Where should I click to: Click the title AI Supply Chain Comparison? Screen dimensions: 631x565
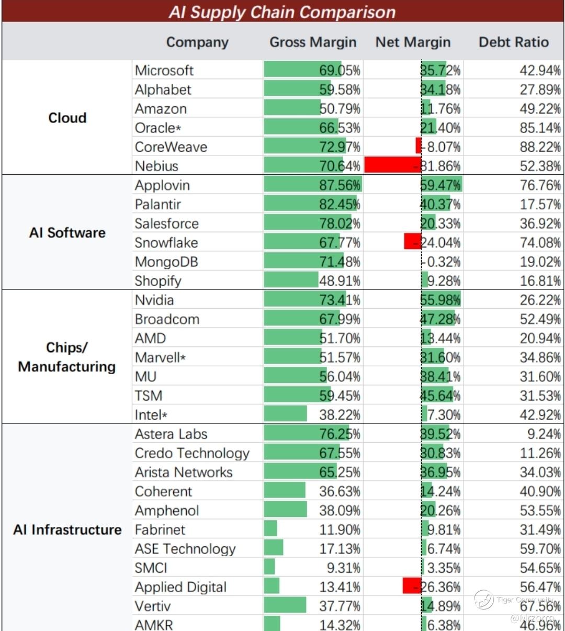[x=282, y=12]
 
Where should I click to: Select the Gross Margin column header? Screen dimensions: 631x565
[x=313, y=42]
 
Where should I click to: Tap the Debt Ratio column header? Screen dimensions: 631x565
[x=514, y=42]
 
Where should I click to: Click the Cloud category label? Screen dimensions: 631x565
[x=67, y=118]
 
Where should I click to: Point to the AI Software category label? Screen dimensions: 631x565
[x=67, y=232]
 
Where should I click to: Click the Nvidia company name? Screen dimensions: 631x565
[x=154, y=300]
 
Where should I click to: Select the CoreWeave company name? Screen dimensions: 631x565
[x=171, y=147]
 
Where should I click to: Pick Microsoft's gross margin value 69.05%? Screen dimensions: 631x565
[x=340, y=71]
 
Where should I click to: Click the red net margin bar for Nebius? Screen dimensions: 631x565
[x=392, y=165]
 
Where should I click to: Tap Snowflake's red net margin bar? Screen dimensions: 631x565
[x=413, y=242]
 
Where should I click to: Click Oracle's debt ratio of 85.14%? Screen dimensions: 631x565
[x=540, y=128]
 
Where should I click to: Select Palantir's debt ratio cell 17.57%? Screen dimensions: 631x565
[x=540, y=205]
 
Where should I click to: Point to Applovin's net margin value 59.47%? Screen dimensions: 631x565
[x=440, y=185]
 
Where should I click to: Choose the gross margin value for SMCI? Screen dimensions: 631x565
[x=340, y=568]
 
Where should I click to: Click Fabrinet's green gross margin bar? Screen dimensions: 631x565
[x=270, y=529]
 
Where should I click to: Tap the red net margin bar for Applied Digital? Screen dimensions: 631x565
[x=412, y=586]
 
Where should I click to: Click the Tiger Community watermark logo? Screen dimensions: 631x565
[x=484, y=600]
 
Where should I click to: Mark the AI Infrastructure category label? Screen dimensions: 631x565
[x=67, y=529]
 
